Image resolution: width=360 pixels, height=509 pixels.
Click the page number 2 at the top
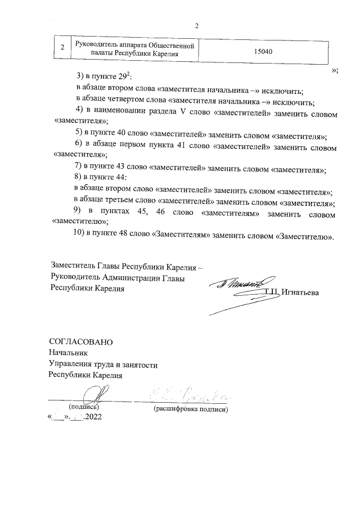(x=196, y=25)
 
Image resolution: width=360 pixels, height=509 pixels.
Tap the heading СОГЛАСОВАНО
(x=81, y=342)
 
